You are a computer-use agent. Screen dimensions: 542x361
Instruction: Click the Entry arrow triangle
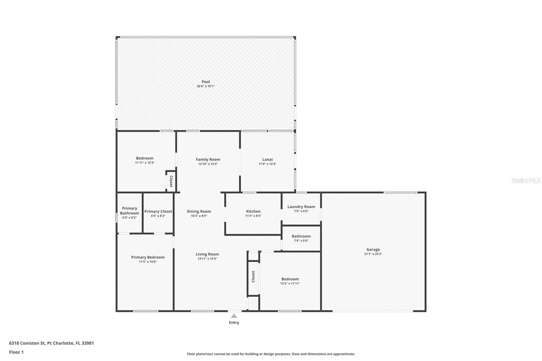[x=234, y=316]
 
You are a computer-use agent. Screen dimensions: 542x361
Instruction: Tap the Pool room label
[x=206, y=82]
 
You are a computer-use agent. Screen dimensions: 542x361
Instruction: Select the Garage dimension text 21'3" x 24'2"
[x=373, y=254]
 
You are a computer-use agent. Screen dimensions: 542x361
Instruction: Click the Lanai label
[x=267, y=160]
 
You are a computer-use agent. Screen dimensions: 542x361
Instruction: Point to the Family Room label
[x=208, y=160]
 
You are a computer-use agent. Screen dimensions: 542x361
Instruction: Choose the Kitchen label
[x=253, y=211]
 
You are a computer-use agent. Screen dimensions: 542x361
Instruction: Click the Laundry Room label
[x=301, y=207]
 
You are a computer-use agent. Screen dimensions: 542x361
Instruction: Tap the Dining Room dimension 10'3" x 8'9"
[x=199, y=216]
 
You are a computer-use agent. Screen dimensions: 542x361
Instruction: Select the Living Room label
[x=207, y=254]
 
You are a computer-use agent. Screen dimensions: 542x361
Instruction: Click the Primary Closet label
[x=158, y=211]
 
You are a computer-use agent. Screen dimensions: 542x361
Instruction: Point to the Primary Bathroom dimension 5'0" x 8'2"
[x=129, y=217]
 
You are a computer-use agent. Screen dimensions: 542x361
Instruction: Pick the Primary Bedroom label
[x=148, y=257]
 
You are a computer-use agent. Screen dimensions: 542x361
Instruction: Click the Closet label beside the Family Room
[x=171, y=182]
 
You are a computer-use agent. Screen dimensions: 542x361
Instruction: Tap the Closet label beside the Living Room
[x=253, y=277]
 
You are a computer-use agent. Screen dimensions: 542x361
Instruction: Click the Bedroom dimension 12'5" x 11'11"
[x=290, y=283]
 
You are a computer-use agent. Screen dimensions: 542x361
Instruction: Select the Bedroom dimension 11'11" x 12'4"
[x=145, y=163]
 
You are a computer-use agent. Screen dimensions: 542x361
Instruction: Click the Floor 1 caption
[x=16, y=352]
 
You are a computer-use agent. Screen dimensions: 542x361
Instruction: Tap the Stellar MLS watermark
[x=526, y=180]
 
